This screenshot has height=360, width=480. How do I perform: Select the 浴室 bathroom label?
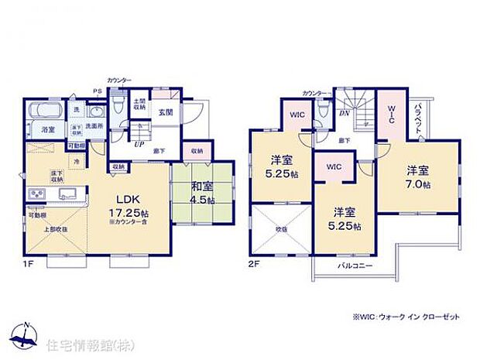48,129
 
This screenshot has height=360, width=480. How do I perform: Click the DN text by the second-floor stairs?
344,112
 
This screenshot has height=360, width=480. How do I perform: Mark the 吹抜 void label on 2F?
280,228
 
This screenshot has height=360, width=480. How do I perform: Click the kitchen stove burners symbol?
36,194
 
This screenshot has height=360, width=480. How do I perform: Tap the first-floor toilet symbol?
116,106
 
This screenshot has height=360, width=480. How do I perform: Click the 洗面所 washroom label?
94,126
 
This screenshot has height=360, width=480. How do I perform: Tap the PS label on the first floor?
98,91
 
